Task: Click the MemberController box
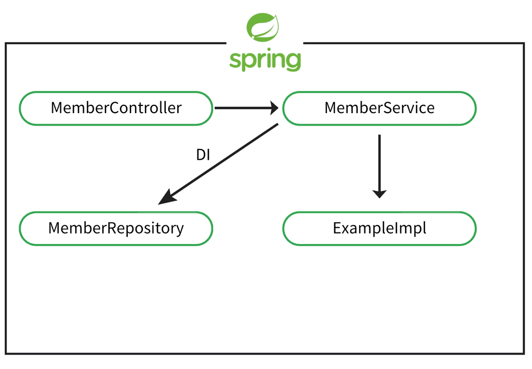116,108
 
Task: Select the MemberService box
379,108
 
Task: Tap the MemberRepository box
116,228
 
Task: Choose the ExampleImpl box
379,228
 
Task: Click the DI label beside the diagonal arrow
203,155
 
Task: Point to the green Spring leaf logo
262,27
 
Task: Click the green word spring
265,60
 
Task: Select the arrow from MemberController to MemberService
246,108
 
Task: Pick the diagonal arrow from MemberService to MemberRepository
218,164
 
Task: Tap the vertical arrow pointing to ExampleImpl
379,167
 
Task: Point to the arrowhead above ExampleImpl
379,194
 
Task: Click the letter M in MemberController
57,108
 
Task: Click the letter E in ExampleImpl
337,228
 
